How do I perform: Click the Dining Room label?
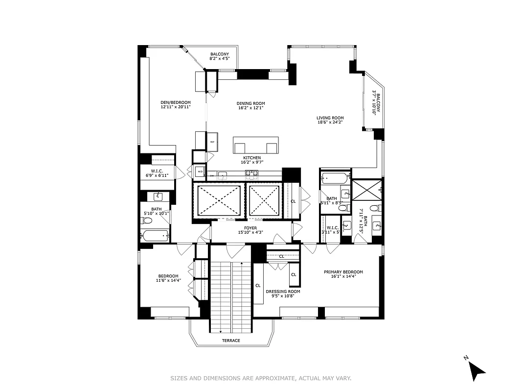(x=250, y=103)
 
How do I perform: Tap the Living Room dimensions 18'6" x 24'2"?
(x=330, y=122)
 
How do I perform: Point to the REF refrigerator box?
(x=212, y=142)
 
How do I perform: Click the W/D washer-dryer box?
(x=200, y=171)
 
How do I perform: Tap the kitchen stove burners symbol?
(x=251, y=173)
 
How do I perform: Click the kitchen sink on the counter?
(x=222, y=174)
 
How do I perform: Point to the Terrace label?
(x=231, y=341)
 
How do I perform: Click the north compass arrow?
(x=476, y=369)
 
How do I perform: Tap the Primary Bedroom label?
(x=343, y=272)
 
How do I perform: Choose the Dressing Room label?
(x=283, y=292)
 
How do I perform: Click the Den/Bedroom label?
(x=175, y=103)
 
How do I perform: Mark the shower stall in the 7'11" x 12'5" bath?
(x=366, y=189)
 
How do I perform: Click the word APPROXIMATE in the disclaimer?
(x=275, y=378)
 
